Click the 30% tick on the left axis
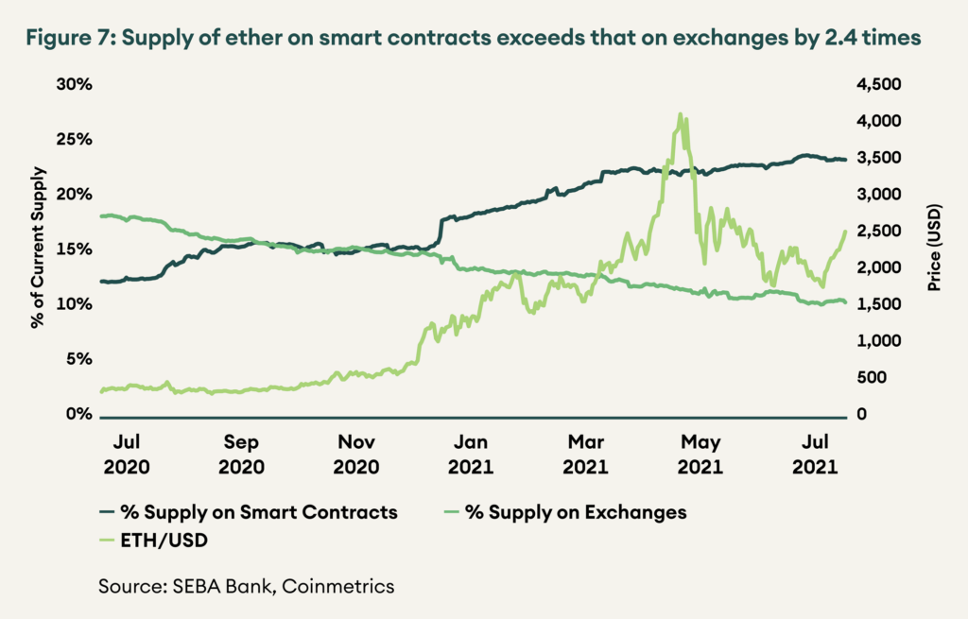[73, 84]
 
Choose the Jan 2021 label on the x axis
[470, 454]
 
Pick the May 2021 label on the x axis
[700, 454]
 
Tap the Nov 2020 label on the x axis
[356, 454]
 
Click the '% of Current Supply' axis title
[39, 247]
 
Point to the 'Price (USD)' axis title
[932, 247]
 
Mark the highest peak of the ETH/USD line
[680, 114]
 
